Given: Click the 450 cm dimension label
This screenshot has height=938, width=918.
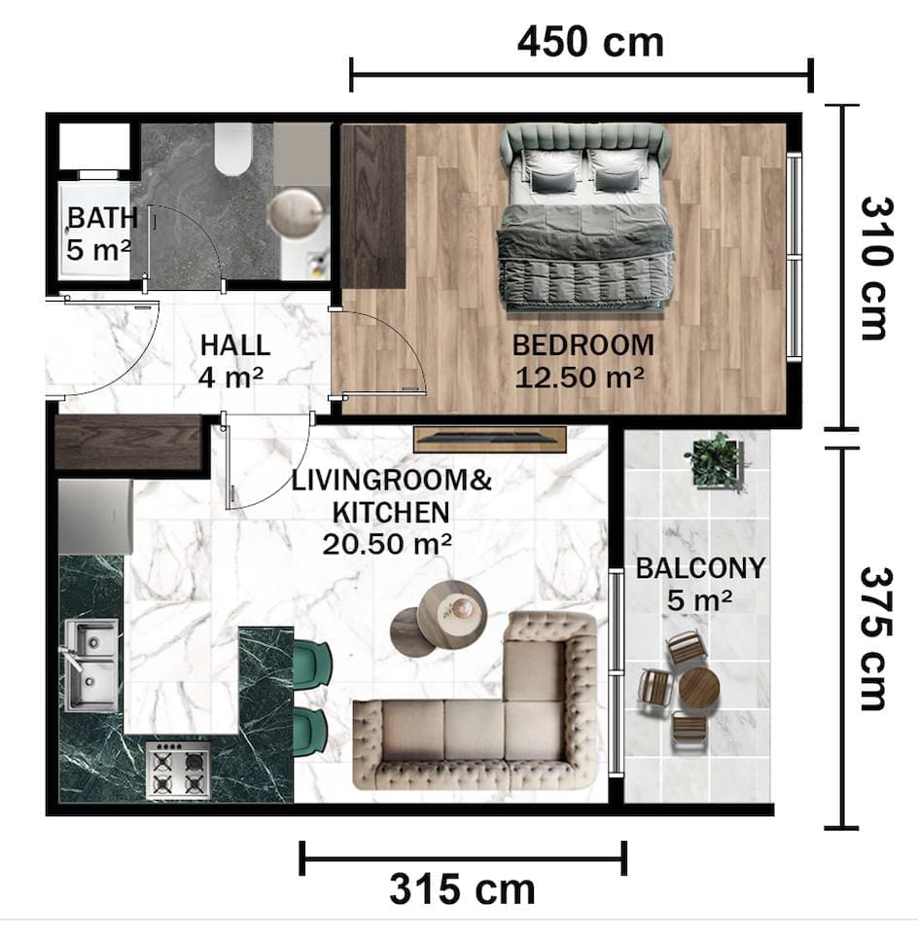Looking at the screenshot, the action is tap(590, 43).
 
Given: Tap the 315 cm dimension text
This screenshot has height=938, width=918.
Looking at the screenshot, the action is tap(462, 889).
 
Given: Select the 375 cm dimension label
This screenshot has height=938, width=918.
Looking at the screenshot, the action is tap(877, 639).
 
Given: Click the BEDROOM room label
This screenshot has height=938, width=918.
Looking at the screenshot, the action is tap(583, 345).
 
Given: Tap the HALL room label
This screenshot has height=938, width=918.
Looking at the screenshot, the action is tap(235, 345).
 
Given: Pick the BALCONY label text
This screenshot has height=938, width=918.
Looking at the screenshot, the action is tap(700, 568).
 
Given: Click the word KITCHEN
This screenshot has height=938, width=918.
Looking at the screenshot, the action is tap(391, 513).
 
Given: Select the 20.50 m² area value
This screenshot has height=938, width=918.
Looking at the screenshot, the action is tap(387, 544).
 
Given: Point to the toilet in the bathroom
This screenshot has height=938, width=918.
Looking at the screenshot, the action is tap(232, 149).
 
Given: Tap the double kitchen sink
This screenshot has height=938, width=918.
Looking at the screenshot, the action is tap(90, 665).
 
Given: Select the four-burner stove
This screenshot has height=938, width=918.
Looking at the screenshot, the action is tap(178, 771).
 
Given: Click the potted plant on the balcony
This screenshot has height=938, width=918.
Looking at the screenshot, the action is tap(717, 461).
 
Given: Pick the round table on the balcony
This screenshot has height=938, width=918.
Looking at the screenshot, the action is tap(699, 688).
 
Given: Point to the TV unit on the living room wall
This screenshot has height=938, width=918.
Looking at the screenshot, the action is tap(490, 440).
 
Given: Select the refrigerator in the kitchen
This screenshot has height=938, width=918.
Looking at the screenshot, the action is tap(95, 517).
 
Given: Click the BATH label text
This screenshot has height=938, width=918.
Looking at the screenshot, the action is tap(103, 218).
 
